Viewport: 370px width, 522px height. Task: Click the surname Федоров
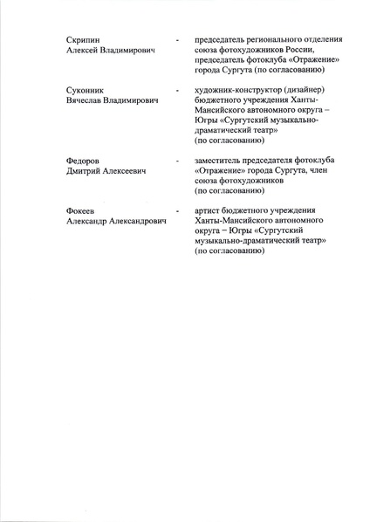coord(81,162)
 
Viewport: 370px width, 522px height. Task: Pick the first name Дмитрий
coord(85,174)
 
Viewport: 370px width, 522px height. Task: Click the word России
coord(310,52)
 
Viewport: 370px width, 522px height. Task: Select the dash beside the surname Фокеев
coord(178,211)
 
